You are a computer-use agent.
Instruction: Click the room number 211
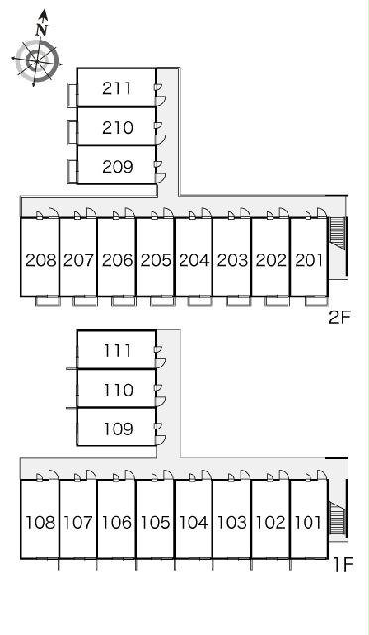(117, 88)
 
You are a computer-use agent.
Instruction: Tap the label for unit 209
(117, 166)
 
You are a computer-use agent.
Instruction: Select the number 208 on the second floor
(40, 260)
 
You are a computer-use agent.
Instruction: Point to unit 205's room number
(156, 260)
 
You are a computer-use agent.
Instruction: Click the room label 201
(309, 260)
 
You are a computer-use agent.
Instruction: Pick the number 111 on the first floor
(117, 350)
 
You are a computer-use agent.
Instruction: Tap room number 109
(118, 429)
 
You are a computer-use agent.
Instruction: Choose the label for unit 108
(40, 523)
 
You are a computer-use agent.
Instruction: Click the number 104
(193, 523)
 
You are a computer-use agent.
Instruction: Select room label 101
(308, 523)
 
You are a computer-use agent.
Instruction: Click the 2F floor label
(339, 317)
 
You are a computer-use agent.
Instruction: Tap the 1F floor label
(343, 564)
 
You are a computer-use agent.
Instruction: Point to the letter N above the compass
(42, 29)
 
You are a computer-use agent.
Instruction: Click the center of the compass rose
(36, 62)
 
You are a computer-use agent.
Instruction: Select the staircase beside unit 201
(337, 234)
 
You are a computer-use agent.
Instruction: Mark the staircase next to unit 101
(337, 518)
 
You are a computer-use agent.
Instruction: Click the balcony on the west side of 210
(72, 132)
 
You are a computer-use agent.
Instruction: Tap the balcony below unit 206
(124, 301)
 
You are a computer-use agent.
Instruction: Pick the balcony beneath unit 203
(239, 301)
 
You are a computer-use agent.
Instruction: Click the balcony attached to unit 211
(72, 95)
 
